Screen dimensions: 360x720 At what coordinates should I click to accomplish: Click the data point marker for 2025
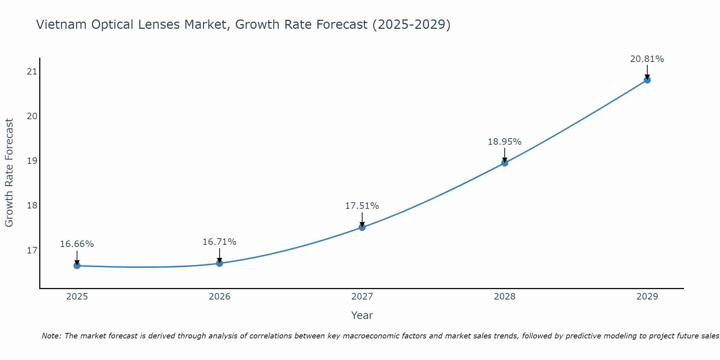(x=77, y=266)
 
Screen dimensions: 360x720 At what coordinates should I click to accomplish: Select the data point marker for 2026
(x=220, y=263)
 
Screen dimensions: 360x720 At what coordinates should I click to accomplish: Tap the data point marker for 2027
(x=362, y=227)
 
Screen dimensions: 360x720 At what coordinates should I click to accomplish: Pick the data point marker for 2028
(x=505, y=163)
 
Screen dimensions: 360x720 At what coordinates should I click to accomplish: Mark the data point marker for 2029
(x=647, y=80)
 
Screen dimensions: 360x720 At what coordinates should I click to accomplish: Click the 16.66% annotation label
(x=77, y=244)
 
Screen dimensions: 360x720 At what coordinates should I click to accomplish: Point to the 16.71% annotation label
(x=220, y=242)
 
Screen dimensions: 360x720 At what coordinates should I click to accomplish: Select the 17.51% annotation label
(x=362, y=206)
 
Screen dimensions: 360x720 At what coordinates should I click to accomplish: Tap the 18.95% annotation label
(x=505, y=142)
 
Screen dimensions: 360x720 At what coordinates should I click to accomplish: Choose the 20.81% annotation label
(x=647, y=59)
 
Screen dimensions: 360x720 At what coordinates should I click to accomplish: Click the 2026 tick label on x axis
(x=220, y=297)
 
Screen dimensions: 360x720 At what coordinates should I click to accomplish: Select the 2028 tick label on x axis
(x=505, y=297)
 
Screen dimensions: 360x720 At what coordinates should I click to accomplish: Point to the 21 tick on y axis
(x=32, y=71)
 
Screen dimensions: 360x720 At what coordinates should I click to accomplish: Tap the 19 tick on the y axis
(x=32, y=161)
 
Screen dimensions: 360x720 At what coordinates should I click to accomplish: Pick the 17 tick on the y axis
(x=32, y=250)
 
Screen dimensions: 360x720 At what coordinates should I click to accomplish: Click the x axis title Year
(x=362, y=315)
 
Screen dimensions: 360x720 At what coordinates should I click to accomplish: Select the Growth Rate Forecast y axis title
(x=9, y=173)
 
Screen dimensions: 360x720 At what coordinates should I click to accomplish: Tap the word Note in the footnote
(x=51, y=336)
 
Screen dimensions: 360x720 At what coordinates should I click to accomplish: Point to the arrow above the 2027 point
(x=362, y=219)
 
